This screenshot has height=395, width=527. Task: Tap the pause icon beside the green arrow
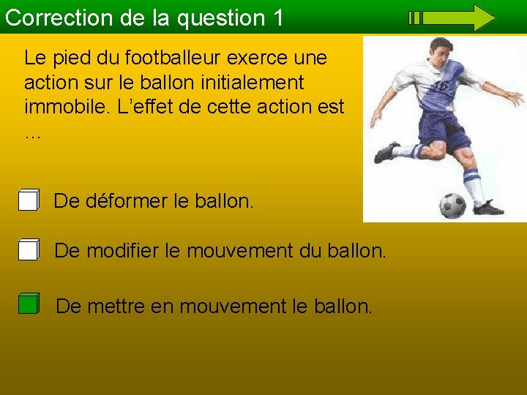(414, 18)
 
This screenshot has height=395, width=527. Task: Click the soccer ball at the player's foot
(452, 205)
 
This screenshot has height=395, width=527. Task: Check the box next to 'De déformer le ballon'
(29, 200)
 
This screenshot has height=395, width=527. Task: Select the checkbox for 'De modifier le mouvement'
(29, 250)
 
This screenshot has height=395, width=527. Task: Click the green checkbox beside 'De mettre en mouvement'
(29, 304)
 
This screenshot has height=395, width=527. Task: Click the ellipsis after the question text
(32, 134)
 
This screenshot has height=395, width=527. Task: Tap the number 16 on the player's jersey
(441, 86)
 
